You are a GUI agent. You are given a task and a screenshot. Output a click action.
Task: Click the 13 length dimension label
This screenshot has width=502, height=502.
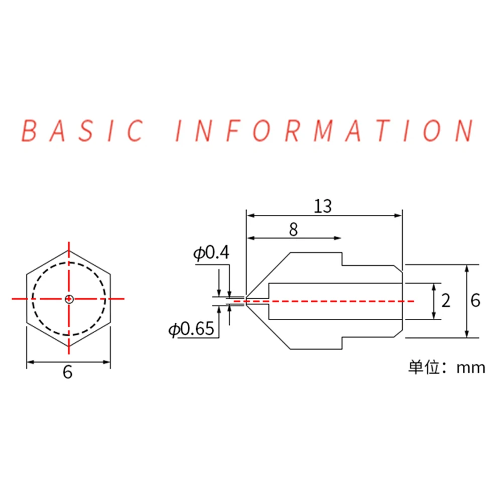tap(324, 206)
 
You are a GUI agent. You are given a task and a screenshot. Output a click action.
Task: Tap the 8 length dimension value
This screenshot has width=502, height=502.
tap(294, 230)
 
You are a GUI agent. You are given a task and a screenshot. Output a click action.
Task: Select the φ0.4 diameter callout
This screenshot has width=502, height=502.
tap(211, 253)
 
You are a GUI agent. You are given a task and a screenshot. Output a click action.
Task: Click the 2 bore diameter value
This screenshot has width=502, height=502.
tap(445, 301)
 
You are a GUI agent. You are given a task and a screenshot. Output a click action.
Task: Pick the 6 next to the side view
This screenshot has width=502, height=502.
tap(476, 301)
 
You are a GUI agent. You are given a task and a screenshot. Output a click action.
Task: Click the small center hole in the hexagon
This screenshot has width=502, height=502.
tap(69, 299)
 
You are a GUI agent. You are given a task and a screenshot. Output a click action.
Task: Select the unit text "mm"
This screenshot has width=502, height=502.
tap(471, 368)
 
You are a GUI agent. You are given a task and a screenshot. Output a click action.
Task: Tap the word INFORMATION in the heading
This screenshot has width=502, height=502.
tap(324, 131)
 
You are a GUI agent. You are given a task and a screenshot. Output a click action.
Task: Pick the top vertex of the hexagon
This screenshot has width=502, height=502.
tap(69, 250)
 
